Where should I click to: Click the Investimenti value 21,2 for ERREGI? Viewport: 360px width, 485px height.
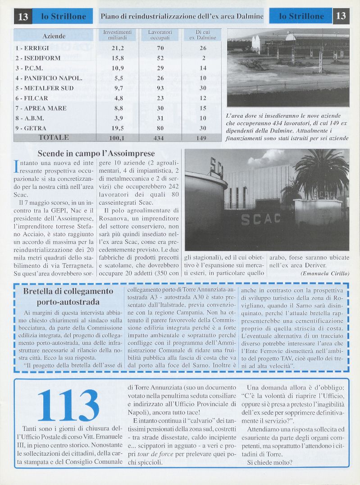[118, 48]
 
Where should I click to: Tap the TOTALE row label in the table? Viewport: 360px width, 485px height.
[54, 137]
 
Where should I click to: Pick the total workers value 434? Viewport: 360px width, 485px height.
[158, 138]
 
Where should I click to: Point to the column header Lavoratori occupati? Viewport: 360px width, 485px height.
[159, 35]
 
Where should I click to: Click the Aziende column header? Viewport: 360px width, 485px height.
[54, 36]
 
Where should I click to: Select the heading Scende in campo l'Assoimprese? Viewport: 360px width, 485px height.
[96, 153]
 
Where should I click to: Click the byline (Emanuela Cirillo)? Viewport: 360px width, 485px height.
[324, 273]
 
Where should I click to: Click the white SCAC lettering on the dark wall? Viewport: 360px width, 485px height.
[264, 220]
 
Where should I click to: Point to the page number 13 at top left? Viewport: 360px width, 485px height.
[23, 17]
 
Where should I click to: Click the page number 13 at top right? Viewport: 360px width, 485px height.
[341, 16]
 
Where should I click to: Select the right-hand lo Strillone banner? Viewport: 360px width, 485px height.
[301, 17]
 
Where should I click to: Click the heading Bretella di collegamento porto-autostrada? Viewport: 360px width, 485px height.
[68, 297]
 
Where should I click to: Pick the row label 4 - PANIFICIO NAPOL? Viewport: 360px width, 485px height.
[49, 78]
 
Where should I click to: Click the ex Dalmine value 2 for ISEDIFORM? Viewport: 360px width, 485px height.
[204, 58]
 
